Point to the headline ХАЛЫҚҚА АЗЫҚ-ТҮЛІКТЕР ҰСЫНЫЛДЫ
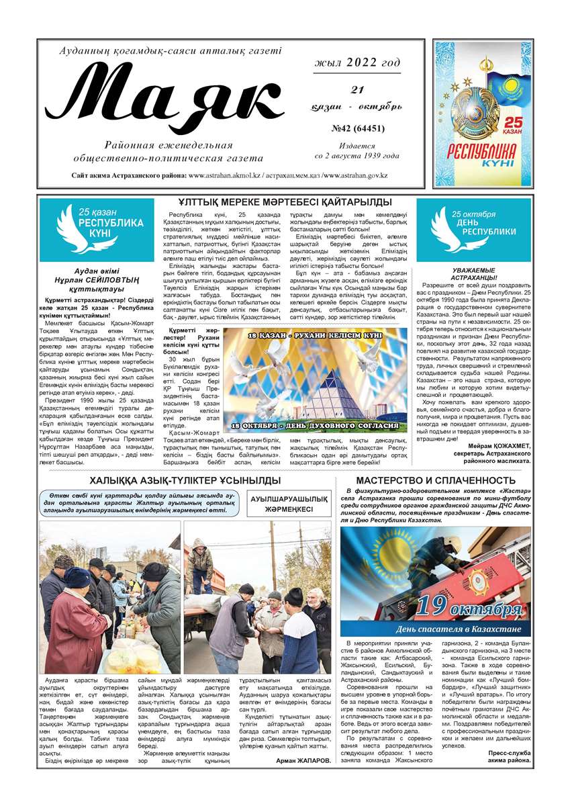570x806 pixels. pos(185,480)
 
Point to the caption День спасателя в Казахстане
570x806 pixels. pos(459,629)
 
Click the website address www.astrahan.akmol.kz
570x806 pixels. pos(224,175)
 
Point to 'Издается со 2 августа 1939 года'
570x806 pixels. pos(357,150)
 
